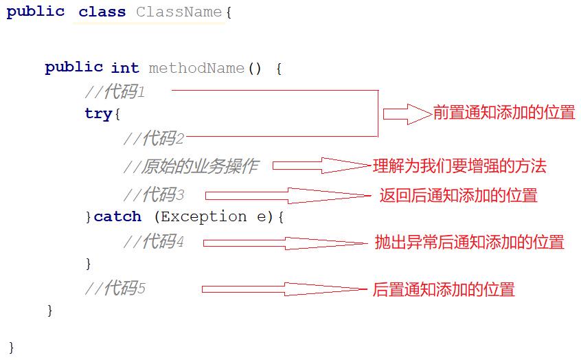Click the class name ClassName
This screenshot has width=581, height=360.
point(179,12)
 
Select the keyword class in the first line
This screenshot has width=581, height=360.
point(102,12)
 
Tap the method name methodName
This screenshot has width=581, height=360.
point(196,68)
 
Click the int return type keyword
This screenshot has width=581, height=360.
point(125,68)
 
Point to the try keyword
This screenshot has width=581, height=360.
point(98,114)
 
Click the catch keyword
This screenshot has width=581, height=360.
point(117,216)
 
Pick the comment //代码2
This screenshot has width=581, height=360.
point(154,139)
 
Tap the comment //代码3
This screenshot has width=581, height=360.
point(154,194)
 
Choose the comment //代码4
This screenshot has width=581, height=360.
point(154,241)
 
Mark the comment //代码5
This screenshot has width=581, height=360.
point(115,289)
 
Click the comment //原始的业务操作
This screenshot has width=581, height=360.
point(191,166)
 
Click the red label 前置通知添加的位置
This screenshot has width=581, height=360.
point(504,113)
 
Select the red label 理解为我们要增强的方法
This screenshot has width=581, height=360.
point(459,166)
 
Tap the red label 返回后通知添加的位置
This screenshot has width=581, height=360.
point(459,196)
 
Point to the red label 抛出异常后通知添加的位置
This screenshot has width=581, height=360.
point(469,242)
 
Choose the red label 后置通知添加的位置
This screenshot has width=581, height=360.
point(444,289)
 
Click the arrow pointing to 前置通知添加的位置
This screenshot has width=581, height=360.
point(407,114)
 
